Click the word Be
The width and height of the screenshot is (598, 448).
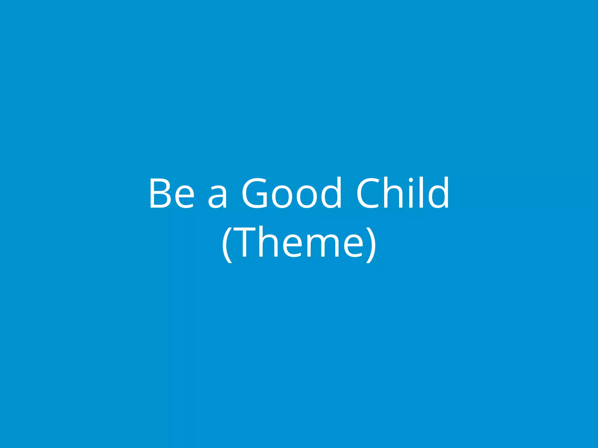pyautogui.click(x=172, y=193)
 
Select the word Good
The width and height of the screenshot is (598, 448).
pyautogui.click(x=291, y=193)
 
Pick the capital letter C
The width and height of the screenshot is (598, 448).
pyautogui.click(x=368, y=193)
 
